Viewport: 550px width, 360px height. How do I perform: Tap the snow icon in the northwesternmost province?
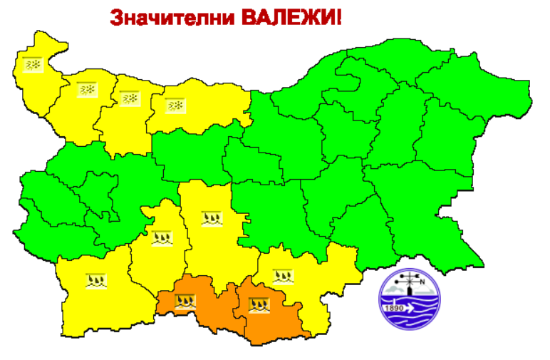[x=33, y=64]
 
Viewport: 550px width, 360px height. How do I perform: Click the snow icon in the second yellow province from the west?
[x=87, y=90]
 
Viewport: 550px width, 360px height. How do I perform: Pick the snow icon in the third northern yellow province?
[x=129, y=98]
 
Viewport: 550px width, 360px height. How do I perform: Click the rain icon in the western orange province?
[x=185, y=302]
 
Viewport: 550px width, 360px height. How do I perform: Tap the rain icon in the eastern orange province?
[x=259, y=307]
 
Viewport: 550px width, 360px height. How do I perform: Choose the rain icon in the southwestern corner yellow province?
[x=95, y=280]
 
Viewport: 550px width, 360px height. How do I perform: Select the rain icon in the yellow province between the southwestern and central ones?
[x=162, y=238]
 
